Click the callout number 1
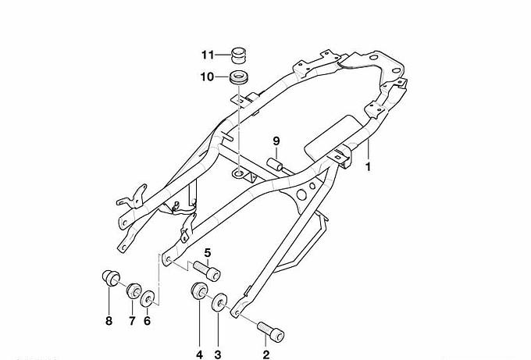368,167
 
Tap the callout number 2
266,355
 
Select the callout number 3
218,355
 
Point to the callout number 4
199,355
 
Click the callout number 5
208,253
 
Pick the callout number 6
147,320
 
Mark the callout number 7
132,320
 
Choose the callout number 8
109,320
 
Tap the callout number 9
276,141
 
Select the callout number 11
208,55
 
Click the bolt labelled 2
270,332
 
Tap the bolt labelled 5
207,271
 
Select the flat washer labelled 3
219,302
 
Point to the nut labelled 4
199,290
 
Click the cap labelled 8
111,278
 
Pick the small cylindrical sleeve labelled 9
275,165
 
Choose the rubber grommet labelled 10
239,77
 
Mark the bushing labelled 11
238,55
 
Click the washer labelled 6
148,299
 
